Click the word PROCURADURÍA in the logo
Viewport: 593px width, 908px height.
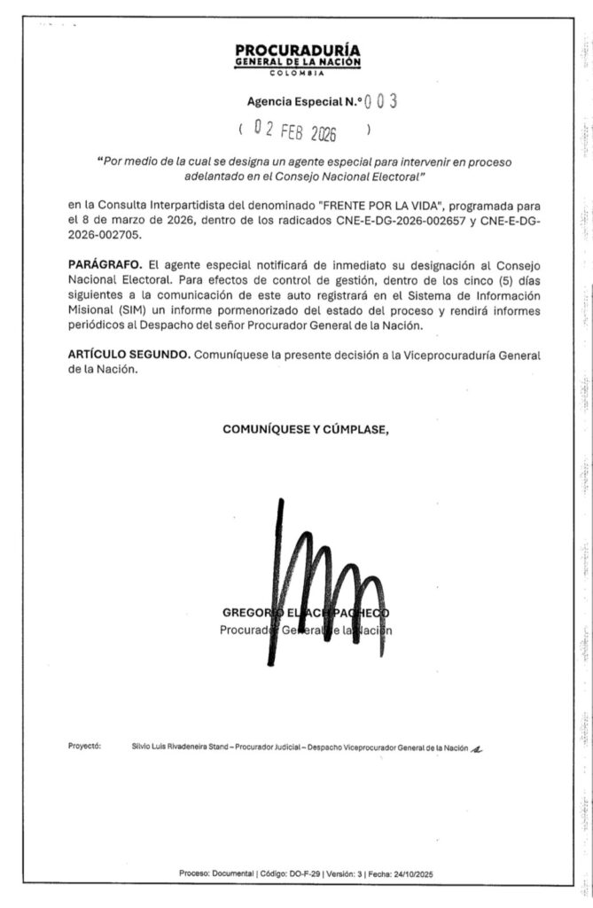[298, 51]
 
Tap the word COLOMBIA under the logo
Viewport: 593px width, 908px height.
[298, 74]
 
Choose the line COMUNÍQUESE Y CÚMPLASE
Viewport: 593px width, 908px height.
[306, 429]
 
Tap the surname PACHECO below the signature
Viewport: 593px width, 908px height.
[363, 613]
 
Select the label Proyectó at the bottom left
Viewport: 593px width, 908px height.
[84, 747]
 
